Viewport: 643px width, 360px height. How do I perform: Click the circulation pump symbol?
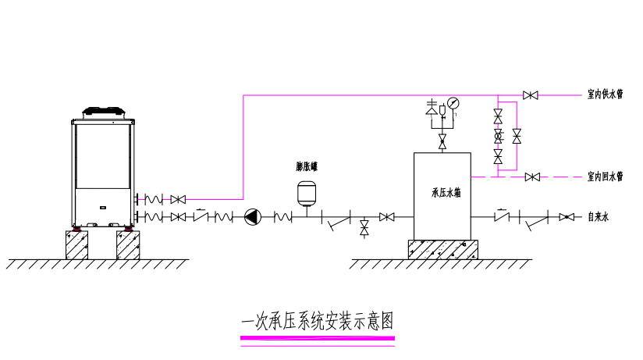pyautogui.click(x=253, y=216)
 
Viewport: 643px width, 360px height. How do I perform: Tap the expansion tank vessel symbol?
pyautogui.click(x=306, y=192)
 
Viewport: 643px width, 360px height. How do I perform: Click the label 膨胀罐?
pyautogui.click(x=306, y=166)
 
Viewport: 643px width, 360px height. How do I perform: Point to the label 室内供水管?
pyautogui.click(x=605, y=94)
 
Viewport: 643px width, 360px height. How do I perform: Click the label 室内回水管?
pyautogui.click(x=605, y=176)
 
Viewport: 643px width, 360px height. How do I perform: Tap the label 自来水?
pyautogui.click(x=598, y=216)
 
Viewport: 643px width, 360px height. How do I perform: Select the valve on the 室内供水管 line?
pyautogui.click(x=531, y=95)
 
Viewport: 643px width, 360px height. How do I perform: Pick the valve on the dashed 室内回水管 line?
pyautogui.click(x=532, y=177)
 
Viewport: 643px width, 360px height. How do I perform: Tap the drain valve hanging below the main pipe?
pyautogui.click(x=364, y=229)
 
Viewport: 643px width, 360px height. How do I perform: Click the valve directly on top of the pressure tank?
pyautogui.click(x=442, y=142)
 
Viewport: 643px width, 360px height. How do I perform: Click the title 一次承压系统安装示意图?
pyautogui.click(x=317, y=321)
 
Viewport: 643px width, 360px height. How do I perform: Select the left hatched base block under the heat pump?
pyautogui.click(x=76, y=244)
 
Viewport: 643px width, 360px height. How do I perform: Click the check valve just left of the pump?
pyautogui.click(x=201, y=216)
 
